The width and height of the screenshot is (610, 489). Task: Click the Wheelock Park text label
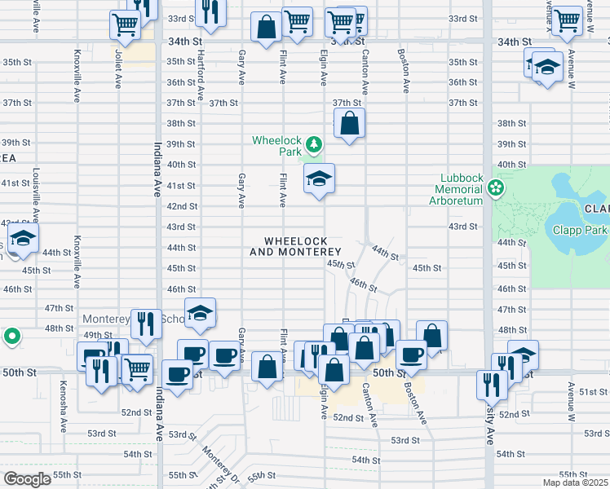tap(276, 146)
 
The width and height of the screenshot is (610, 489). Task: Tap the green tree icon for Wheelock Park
tap(314, 147)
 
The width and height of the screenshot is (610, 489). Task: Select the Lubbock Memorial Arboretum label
tap(463, 189)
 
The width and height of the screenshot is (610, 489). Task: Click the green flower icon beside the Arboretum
tap(496, 190)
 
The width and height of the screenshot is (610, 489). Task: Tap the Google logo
tap(27, 479)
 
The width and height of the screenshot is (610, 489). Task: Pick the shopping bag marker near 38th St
tap(349, 124)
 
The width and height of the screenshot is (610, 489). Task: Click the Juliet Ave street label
tap(118, 71)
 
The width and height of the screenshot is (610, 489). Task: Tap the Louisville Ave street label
tap(36, 197)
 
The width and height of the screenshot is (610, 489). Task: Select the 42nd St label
tap(182, 206)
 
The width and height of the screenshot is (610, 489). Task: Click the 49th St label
tap(97, 335)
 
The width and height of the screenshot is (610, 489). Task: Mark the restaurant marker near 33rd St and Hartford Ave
tap(210, 13)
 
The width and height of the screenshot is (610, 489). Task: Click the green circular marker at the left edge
tap(11, 336)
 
